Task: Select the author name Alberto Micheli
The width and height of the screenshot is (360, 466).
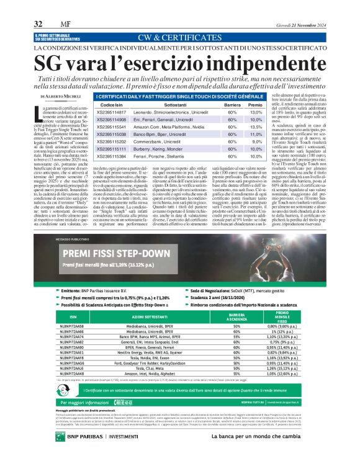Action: [x=63, y=97]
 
